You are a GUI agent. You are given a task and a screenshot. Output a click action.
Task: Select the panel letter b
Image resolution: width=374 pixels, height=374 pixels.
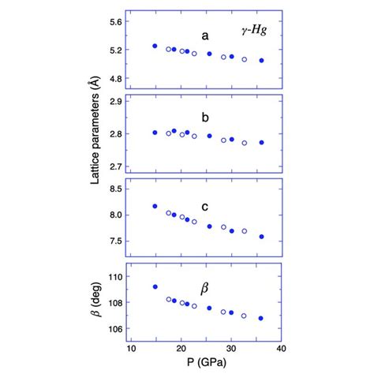[205, 118]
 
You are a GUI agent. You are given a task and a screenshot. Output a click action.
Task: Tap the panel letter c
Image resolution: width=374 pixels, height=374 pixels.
[204, 207]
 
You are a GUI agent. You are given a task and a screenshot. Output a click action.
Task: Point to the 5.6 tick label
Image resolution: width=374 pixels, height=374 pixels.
[116, 22]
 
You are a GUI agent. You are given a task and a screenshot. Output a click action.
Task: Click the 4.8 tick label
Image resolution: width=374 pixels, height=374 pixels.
[116, 79]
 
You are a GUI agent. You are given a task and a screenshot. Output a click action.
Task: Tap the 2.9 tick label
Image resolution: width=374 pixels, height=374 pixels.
[116, 102]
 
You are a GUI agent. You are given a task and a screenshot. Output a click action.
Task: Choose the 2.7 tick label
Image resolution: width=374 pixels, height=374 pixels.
[116, 166]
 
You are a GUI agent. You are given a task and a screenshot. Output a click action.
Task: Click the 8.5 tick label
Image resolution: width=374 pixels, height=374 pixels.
[116, 188]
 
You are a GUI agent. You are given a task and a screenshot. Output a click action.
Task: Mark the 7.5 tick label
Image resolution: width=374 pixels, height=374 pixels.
[116, 241]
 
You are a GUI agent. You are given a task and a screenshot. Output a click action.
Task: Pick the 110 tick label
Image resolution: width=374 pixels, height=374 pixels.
[115, 277]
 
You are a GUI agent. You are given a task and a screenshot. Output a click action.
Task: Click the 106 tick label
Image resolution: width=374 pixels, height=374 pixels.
[115, 328]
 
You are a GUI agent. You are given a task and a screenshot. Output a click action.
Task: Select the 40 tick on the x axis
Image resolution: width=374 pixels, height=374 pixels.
[282, 346]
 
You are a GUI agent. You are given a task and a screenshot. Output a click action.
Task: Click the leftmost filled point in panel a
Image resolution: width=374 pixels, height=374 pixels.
[155, 47]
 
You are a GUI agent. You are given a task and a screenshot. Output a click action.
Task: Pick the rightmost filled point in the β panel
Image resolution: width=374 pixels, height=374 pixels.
[261, 318]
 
